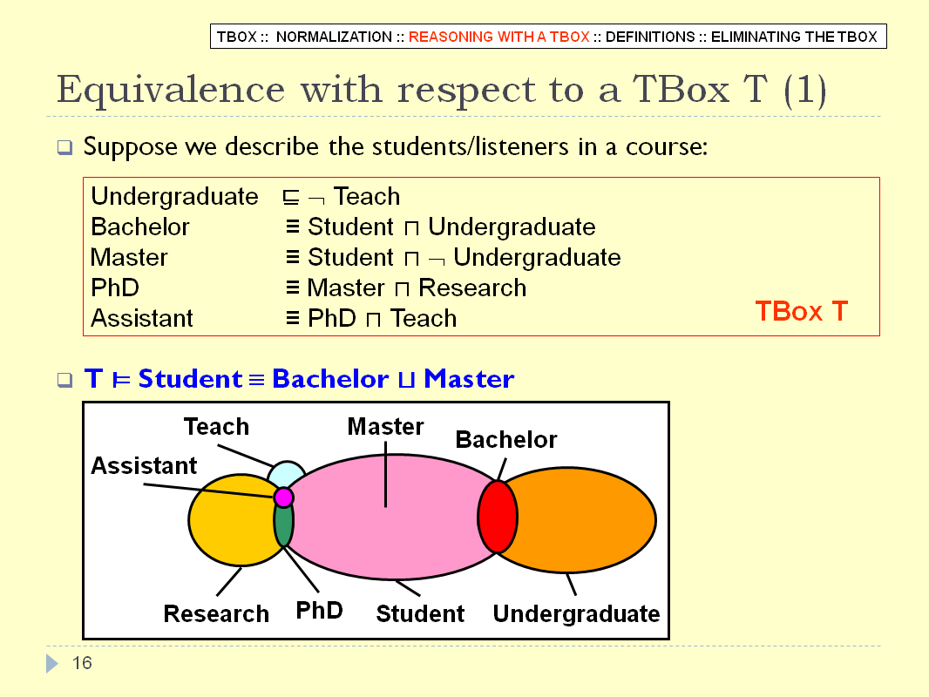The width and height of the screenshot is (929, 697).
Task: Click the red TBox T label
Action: coord(802,312)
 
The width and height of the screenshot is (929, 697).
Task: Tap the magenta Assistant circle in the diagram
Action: coord(284,497)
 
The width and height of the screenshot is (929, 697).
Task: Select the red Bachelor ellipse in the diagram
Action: coord(498,517)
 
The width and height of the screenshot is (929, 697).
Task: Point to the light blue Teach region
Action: coord(286,473)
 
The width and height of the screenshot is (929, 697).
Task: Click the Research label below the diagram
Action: coord(216,614)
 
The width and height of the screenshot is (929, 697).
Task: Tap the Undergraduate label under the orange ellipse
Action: coord(576,614)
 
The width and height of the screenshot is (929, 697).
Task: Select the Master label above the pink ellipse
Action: coord(386,426)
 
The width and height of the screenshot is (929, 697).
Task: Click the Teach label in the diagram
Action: coord(216,426)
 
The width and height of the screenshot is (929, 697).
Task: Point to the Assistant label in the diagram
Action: coord(144,465)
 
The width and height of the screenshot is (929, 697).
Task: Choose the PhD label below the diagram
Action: coord(319,611)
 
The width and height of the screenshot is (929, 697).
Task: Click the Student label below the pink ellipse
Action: coord(420,614)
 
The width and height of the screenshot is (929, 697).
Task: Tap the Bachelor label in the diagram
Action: coord(506,439)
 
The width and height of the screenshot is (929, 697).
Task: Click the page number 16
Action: coord(82,663)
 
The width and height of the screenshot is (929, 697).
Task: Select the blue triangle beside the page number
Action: coord(52,663)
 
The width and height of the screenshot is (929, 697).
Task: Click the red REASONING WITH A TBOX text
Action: coord(498,37)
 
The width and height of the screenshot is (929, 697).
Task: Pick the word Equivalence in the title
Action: coord(171,90)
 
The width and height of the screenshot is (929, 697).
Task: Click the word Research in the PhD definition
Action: coord(472,288)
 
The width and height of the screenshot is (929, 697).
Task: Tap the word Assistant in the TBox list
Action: coord(141,319)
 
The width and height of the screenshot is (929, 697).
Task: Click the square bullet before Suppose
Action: coord(65,147)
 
